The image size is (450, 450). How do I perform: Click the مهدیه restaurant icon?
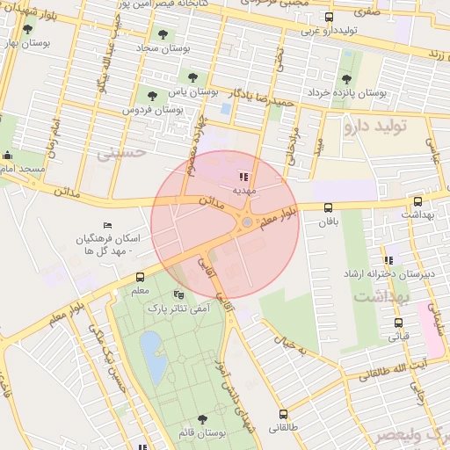(243, 177)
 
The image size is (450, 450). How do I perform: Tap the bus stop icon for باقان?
(328, 207)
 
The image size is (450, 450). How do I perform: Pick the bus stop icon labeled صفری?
(329, 17)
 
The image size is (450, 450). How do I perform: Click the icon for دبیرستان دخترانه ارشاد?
(388, 261)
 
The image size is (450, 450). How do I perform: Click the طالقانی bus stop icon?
(283, 413)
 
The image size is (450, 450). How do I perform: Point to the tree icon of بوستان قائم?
(203, 420)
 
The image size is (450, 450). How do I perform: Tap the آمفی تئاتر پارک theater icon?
(180, 294)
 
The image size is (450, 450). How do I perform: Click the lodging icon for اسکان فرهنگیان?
(107, 227)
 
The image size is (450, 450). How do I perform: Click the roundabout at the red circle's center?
(247, 221)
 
